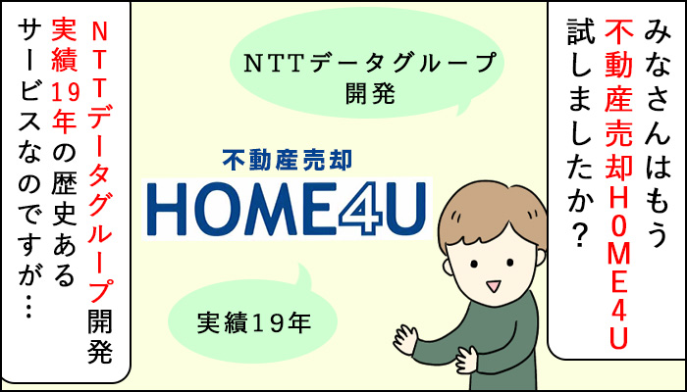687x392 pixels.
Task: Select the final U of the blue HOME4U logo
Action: (x=407, y=208)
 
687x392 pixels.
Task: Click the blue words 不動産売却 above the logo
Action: (x=287, y=161)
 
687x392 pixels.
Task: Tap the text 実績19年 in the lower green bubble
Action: (x=253, y=322)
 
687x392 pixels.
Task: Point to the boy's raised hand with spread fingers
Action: (x=404, y=338)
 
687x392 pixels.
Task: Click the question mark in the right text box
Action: (x=581, y=237)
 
